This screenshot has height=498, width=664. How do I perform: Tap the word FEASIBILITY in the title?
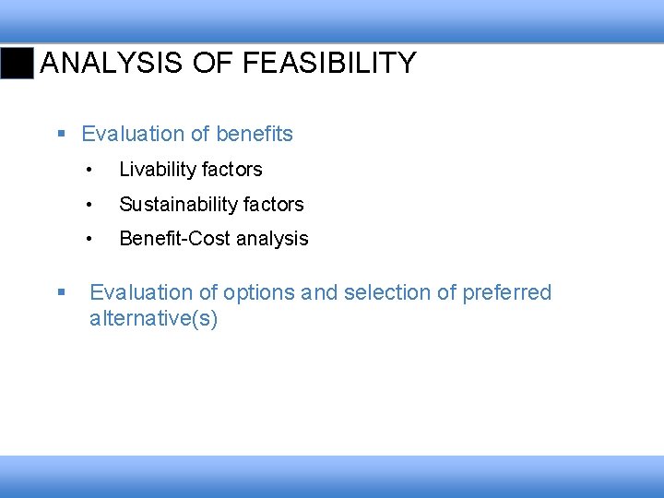(x=329, y=64)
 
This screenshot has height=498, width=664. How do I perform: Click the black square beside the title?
(x=17, y=64)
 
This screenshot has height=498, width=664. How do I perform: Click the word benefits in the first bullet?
(x=254, y=135)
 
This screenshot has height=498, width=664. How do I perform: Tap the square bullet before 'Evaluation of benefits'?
(x=61, y=135)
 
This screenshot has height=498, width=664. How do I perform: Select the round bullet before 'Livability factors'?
(x=89, y=170)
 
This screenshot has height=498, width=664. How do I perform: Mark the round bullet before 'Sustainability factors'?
(x=89, y=205)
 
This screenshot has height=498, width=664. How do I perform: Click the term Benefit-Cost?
(x=174, y=239)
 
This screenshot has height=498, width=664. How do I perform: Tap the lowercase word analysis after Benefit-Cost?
(x=272, y=239)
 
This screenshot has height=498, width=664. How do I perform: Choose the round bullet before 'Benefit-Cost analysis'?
(x=89, y=239)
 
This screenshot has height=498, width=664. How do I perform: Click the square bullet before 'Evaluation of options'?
(x=61, y=293)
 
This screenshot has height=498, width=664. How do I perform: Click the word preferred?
(x=507, y=293)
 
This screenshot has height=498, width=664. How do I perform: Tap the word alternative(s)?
(x=153, y=320)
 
